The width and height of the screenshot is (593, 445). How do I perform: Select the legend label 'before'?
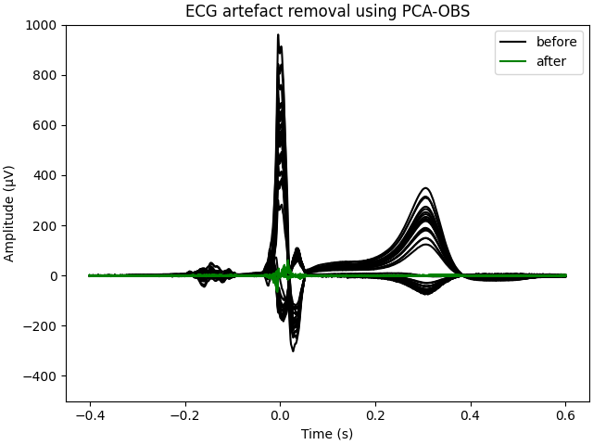[x=556, y=42]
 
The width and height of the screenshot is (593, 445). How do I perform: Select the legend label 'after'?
[x=551, y=61]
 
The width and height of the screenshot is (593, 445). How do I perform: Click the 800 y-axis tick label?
[x=46, y=75]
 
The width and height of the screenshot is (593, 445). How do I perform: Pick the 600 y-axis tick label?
[x=46, y=125]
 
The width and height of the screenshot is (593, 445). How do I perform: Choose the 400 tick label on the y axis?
[x=46, y=175]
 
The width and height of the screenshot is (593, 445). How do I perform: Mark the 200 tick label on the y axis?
[x=46, y=225]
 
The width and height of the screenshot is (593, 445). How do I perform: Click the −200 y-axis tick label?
[x=43, y=325]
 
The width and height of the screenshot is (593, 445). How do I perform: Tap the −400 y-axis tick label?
[x=43, y=375]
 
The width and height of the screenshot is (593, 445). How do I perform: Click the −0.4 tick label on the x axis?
[x=89, y=416]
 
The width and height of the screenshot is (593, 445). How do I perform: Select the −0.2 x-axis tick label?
[x=184, y=416]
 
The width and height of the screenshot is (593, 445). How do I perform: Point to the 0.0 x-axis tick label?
[x=279, y=416]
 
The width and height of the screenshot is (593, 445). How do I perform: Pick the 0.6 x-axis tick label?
[x=565, y=416]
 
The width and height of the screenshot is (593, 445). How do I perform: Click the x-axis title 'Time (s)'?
[x=327, y=433]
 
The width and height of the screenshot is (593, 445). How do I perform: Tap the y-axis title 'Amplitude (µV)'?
[x=10, y=213]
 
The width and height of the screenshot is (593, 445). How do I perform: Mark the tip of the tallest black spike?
[x=278, y=35]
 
